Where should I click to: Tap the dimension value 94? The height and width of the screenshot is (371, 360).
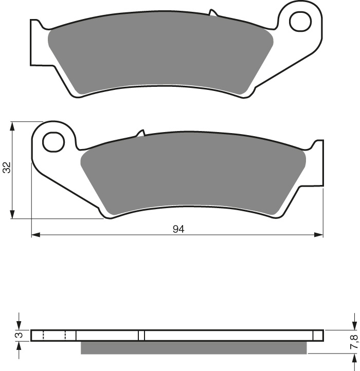click(178, 229)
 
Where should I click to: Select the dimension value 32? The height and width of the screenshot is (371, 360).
click(7, 168)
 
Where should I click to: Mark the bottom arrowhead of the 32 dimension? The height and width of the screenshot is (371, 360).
click(12, 215)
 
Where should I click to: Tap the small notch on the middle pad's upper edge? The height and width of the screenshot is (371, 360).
click(140, 134)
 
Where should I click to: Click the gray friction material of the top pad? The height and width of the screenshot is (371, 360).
click(159, 57)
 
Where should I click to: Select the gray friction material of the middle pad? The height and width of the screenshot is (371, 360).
click(195, 175)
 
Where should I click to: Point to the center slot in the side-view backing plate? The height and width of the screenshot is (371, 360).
click(142, 336)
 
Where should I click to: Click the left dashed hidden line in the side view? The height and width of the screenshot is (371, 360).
click(43, 336)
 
